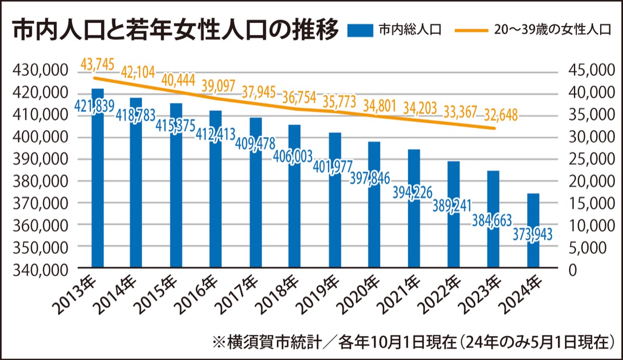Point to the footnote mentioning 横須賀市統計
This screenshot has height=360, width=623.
click(x=413, y=343)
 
